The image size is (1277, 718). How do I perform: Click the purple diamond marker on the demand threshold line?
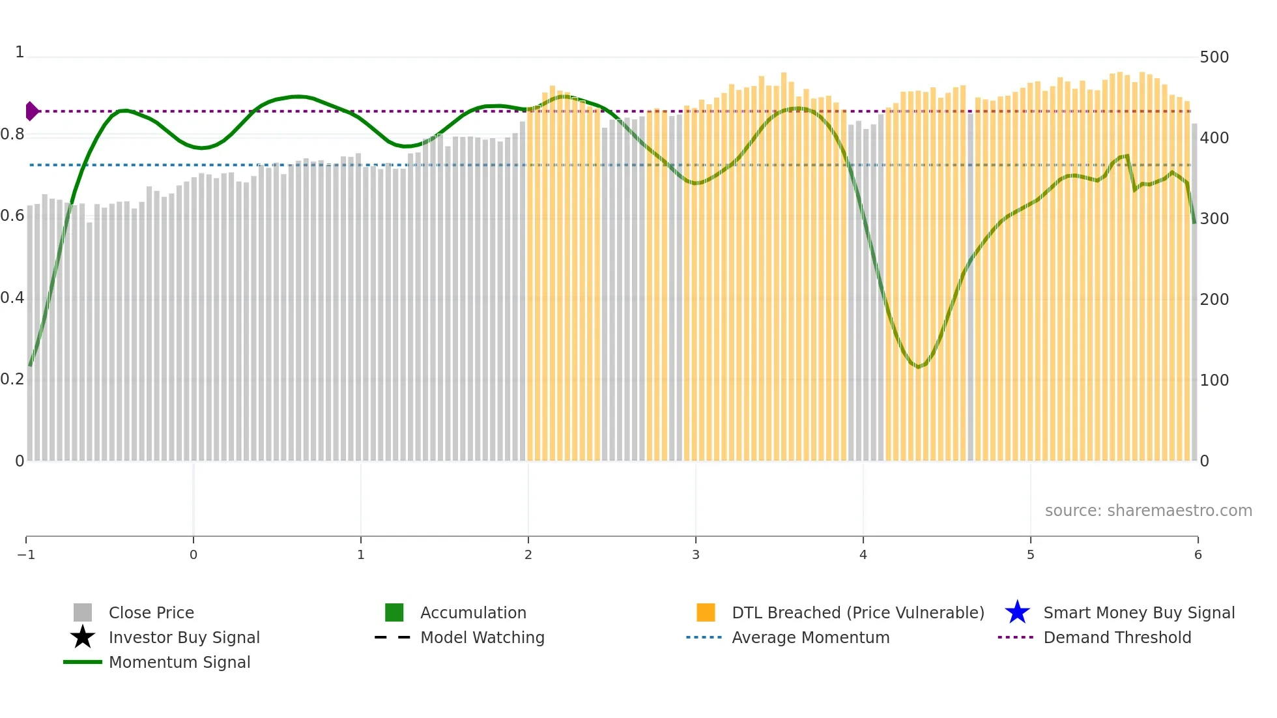point(31,111)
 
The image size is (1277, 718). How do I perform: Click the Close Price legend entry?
point(151,612)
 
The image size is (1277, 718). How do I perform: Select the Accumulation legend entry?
point(472,612)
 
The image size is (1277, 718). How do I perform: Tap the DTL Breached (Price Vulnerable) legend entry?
point(857,612)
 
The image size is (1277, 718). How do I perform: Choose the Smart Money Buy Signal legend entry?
point(1138,612)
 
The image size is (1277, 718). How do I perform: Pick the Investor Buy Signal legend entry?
point(184,637)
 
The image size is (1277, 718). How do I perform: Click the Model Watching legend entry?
point(481,637)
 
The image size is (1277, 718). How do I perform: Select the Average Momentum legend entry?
point(810,637)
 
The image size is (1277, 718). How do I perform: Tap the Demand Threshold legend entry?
point(1117,637)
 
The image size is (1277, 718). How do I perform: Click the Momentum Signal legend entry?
point(179,662)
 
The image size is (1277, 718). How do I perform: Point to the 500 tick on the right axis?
point(1214,57)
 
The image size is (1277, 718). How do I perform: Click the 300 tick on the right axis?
point(1214,219)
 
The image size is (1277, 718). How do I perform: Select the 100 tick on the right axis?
point(1214,381)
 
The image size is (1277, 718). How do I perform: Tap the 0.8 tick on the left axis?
point(12,135)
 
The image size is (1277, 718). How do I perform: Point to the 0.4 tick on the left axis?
point(12,298)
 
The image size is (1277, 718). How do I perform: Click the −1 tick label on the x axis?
point(26,555)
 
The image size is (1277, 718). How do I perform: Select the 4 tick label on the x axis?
point(863,555)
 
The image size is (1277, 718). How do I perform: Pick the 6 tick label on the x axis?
point(1198,555)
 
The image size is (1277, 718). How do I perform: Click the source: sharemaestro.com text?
point(1148,511)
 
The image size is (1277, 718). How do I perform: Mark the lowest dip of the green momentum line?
point(919,367)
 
